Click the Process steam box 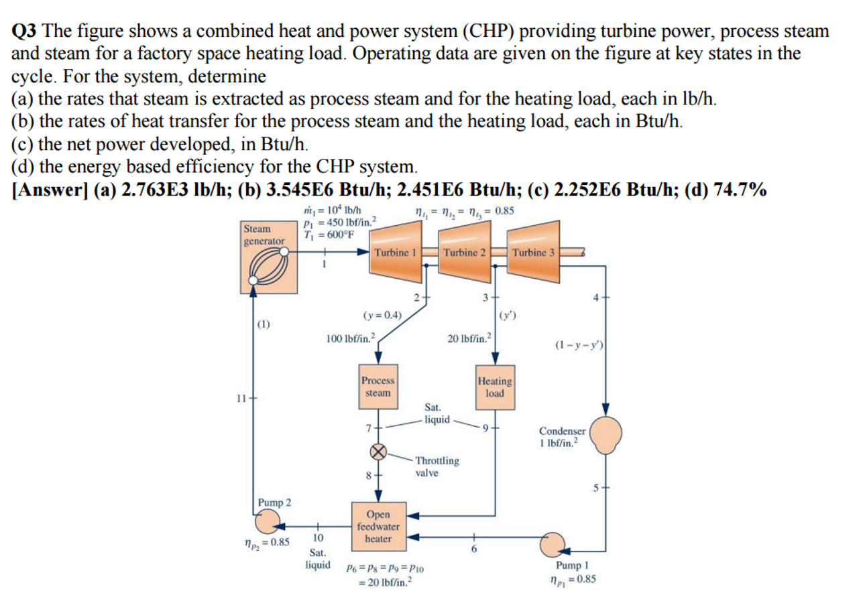pyautogui.click(x=378, y=387)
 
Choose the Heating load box pyautogui.click(x=494, y=387)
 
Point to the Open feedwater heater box pyautogui.click(x=378, y=526)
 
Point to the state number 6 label pyautogui.click(x=474, y=549)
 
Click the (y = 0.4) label pyautogui.click(x=382, y=314)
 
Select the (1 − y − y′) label pyautogui.click(x=579, y=345)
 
